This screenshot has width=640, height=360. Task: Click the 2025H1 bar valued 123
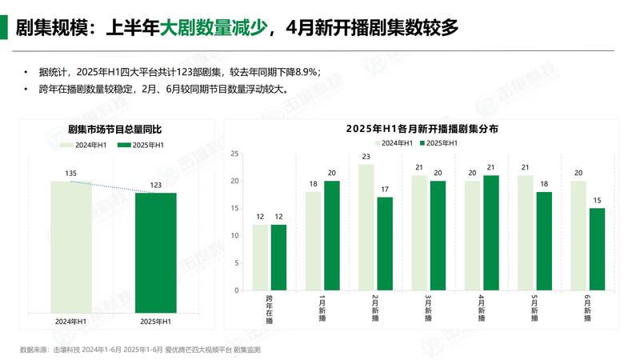click(155, 252)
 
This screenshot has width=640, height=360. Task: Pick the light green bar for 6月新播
click(578, 235)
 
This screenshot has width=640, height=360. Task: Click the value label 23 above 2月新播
click(366, 157)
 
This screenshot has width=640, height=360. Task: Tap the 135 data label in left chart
click(70, 173)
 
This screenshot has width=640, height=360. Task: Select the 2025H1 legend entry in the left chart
click(141, 145)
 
